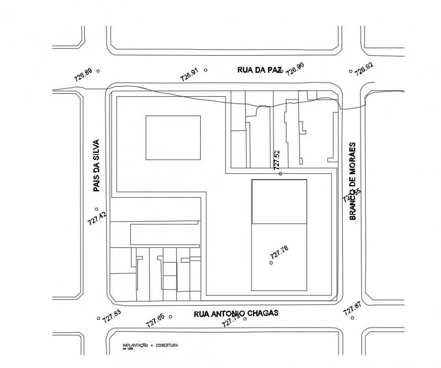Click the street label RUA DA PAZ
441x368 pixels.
click(259, 70)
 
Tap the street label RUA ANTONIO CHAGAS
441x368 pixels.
click(236, 313)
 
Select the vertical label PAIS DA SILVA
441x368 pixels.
click(97, 166)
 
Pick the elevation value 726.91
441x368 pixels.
click(189, 75)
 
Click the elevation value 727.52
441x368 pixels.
click(276, 160)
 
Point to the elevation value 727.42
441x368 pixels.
click(97, 218)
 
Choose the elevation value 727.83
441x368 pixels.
click(112, 316)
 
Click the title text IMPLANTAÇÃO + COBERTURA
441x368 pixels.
click(150, 345)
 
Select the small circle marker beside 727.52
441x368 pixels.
click(280, 174)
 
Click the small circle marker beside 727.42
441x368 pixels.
click(96, 209)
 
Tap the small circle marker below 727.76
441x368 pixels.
click(271, 263)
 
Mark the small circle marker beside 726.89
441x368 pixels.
click(98, 71)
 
